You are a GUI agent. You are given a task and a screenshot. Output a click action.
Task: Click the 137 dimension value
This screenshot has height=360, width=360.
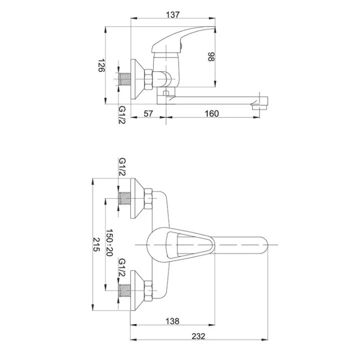coord(172,14)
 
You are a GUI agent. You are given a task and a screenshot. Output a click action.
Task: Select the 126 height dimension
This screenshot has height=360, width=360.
coord(101,65)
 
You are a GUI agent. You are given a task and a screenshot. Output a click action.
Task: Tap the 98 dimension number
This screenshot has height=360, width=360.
coord(211,57)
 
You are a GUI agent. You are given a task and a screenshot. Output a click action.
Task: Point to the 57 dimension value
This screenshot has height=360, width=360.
coord(148,113)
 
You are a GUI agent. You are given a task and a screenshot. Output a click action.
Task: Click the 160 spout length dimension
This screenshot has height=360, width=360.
coord(211,113)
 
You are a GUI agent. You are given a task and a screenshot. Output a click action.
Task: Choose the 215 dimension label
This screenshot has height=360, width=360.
coord(96,244)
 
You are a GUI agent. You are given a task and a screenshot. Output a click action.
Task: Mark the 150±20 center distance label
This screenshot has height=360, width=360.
coord(109,242)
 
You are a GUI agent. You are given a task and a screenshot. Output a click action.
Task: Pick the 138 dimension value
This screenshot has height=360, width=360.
coord(172,321)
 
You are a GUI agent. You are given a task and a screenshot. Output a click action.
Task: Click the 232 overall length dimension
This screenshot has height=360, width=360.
coord(198,336)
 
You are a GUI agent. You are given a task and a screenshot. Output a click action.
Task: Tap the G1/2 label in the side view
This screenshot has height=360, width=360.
coord(122,115)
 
